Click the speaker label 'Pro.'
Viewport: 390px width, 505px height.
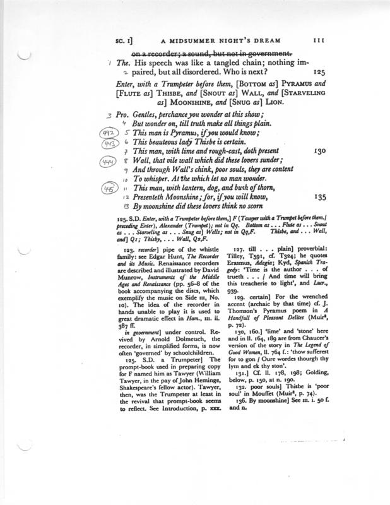point(124,116)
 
